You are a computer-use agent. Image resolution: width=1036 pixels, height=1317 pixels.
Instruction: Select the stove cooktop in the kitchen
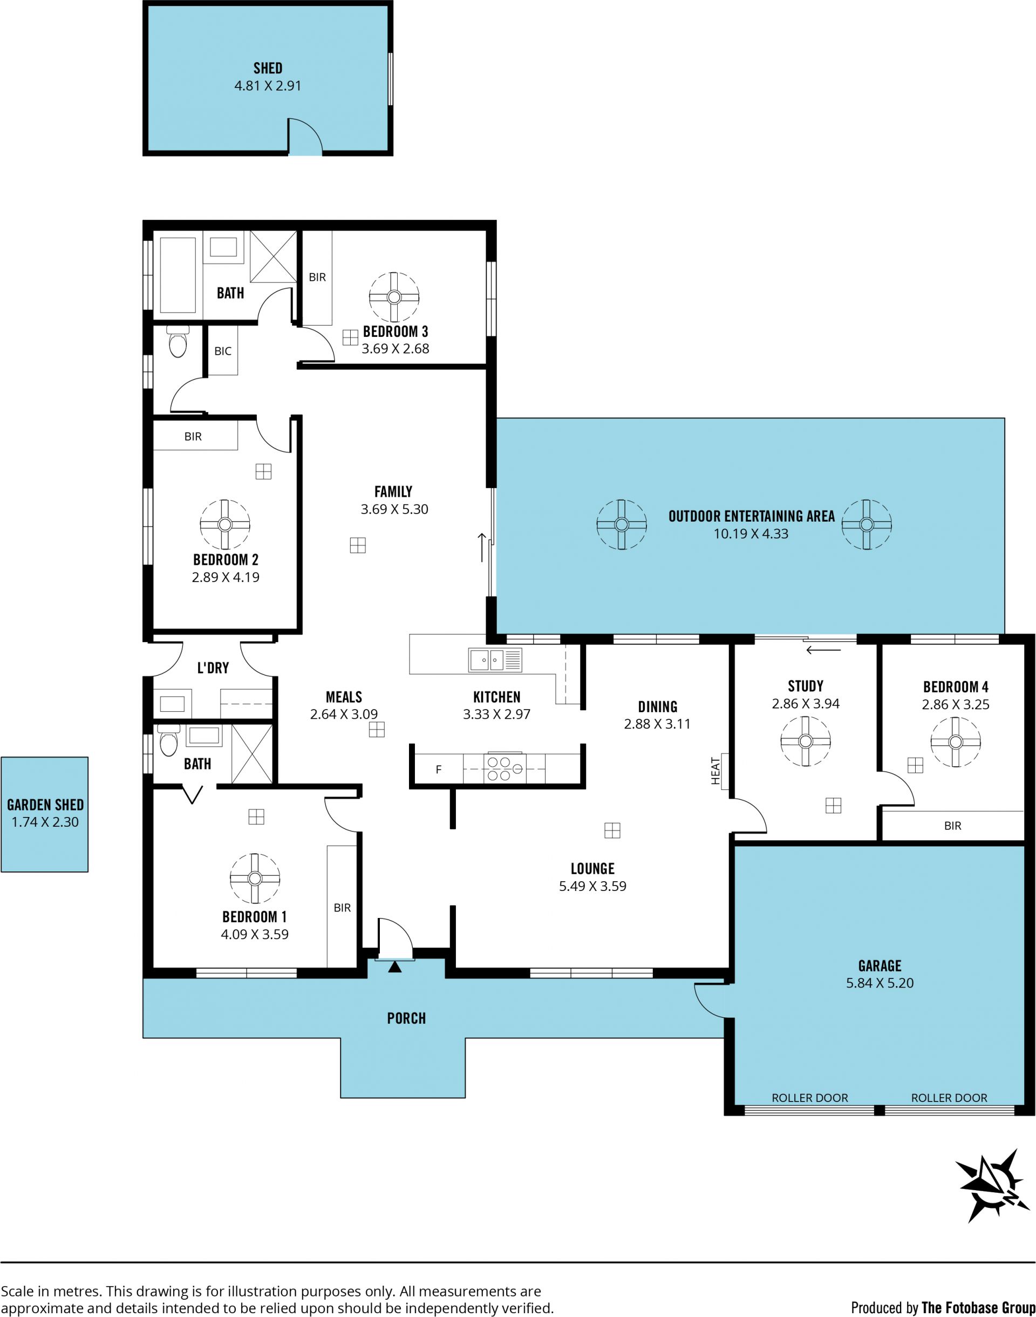click(x=504, y=768)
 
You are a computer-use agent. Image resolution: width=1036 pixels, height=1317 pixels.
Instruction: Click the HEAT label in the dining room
click(x=715, y=771)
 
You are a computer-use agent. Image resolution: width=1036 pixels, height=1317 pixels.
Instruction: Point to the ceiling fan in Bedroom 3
click(x=394, y=298)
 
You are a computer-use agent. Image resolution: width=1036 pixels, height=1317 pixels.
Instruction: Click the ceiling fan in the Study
click(x=806, y=741)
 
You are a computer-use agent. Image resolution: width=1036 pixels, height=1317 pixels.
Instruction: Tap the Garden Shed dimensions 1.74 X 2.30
click(x=45, y=822)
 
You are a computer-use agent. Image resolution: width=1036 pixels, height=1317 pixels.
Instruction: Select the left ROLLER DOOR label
click(x=810, y=1097)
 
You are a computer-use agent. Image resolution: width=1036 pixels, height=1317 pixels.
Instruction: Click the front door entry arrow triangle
click(x=395, y=967)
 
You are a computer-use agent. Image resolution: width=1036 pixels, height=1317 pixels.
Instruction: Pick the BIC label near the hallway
click(x=223, y=351)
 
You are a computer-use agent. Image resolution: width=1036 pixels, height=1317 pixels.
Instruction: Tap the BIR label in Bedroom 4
click(x=952, y=826)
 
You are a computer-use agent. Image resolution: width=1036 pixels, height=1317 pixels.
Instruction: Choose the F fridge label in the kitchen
click(x=439, y=769)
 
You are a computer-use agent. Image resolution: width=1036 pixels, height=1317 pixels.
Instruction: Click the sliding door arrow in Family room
click(x=482, y=547)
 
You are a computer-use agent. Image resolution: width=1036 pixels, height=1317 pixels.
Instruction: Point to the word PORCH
click(x=406, y=1018)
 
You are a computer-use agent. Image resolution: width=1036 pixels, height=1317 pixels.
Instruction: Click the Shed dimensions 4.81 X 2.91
click(x=268, y=85)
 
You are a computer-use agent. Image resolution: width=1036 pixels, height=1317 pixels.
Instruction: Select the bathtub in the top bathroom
click(x=177, y=274)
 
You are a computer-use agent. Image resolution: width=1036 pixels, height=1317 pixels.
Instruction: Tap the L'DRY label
click(x=213, y=667)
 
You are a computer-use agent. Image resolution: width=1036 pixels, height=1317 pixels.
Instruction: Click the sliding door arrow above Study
click(x=823, y=650)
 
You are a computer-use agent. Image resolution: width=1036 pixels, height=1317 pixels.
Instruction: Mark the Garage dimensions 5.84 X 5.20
click(x=880, y=983)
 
